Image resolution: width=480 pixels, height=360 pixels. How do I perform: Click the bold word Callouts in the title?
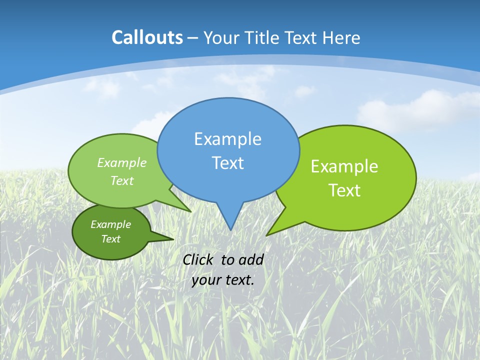[147, 37]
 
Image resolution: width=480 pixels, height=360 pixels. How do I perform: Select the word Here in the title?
[341, 37]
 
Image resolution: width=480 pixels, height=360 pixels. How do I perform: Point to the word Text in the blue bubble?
[227, 163]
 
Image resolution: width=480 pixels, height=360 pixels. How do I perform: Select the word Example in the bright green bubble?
[344, 166]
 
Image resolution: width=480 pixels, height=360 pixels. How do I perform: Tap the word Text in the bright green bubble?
[344, 190]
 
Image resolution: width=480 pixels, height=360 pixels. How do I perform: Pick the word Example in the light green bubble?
[122, 162]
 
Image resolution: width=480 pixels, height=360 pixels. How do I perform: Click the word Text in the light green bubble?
[122, 180]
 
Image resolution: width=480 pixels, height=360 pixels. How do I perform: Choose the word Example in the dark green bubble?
[110, 224]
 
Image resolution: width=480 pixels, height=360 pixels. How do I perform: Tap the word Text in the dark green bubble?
[110, 239]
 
